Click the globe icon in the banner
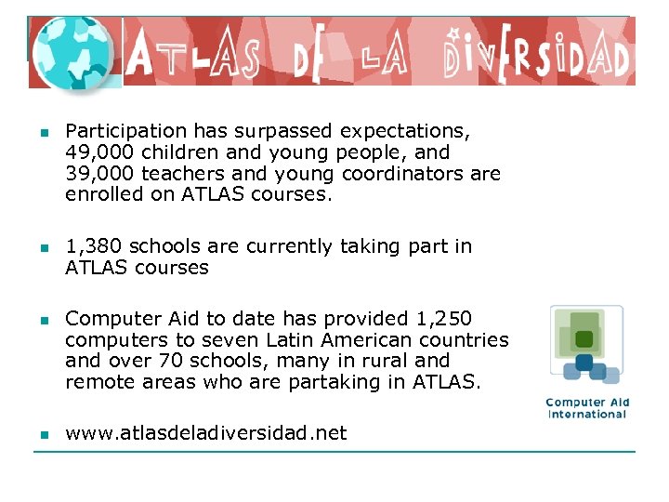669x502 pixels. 72,53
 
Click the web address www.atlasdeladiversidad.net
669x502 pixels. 206,432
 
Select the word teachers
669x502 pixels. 172,174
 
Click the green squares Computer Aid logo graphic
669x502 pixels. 585,344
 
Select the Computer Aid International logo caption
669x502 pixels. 587,408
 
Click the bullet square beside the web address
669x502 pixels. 43,433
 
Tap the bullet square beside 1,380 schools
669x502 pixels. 43,247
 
